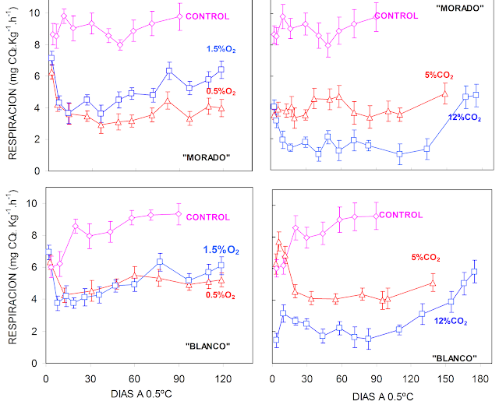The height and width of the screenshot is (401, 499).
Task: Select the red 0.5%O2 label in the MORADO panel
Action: (221, 91)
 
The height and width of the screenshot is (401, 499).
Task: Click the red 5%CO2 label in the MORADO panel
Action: (439, 75)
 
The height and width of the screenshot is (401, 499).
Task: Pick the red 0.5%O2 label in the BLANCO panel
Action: (221, 294)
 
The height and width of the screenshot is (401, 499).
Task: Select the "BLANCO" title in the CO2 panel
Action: (454, 358)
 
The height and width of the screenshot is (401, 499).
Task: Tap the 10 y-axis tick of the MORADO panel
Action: (30, 13)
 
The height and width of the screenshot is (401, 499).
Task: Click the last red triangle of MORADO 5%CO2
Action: (444, 94)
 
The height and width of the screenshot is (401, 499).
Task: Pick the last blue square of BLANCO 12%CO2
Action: (474, 272)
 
